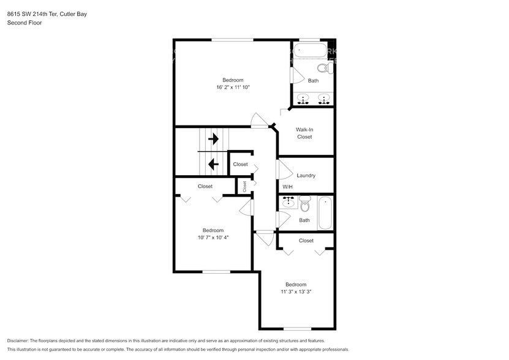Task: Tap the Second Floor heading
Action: click(23, 23)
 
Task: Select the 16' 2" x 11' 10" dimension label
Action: click(232, 88)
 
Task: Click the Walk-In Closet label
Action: click(304, 133)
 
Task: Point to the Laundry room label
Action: click(306, 176)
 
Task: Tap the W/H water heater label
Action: click(287, 187)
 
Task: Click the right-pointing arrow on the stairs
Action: click(213, 140)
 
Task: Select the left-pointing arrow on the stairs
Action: click(213, 163)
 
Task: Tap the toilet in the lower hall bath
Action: click(305, 205)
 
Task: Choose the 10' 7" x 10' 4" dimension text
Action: click(213, 238)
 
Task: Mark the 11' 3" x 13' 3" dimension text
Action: click(296, 292)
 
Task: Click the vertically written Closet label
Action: click(244, 186)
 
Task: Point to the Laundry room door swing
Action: click(284, 168)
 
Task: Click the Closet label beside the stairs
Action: click(240, 164)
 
